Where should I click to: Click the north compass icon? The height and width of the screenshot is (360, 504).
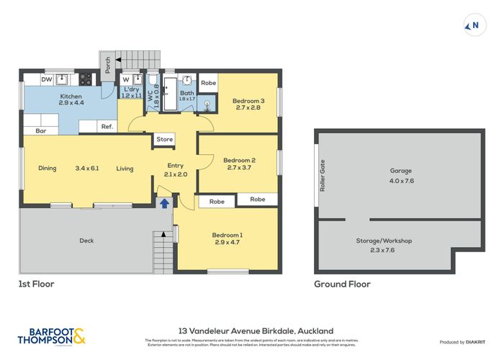pyautogui.click(x=473, y=26)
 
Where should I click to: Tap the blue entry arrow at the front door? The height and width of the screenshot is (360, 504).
pyautogui.click(x=164, y=204)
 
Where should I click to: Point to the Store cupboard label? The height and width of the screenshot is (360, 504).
pyautogui.click(x=165, y=140)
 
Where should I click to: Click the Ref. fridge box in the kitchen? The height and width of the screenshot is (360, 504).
pyautogui.click(x=106, y=127)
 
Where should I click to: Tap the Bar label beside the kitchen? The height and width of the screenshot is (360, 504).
pyautogui.click(x=40, y=131)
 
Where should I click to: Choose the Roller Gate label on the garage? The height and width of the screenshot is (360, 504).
pyautogui.click(x=323, y=175)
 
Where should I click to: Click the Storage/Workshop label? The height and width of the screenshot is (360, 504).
pyautogui.click(x=384, y=240)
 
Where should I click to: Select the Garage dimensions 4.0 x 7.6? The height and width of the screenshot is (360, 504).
pyautogui.click(x=401, y=180)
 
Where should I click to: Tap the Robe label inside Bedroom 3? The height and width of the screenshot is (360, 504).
pyautogui.click(x=208, y=83)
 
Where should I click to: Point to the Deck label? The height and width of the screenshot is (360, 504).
pyautogui.click(x=86, y=240)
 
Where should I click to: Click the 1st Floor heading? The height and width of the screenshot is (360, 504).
pyautogui.click(x=36, y=284)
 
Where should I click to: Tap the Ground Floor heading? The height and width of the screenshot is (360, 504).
pyautogui.click(x=342, y=284)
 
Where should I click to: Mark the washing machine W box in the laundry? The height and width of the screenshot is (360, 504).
pyautogui.click(x=126, y=79)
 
